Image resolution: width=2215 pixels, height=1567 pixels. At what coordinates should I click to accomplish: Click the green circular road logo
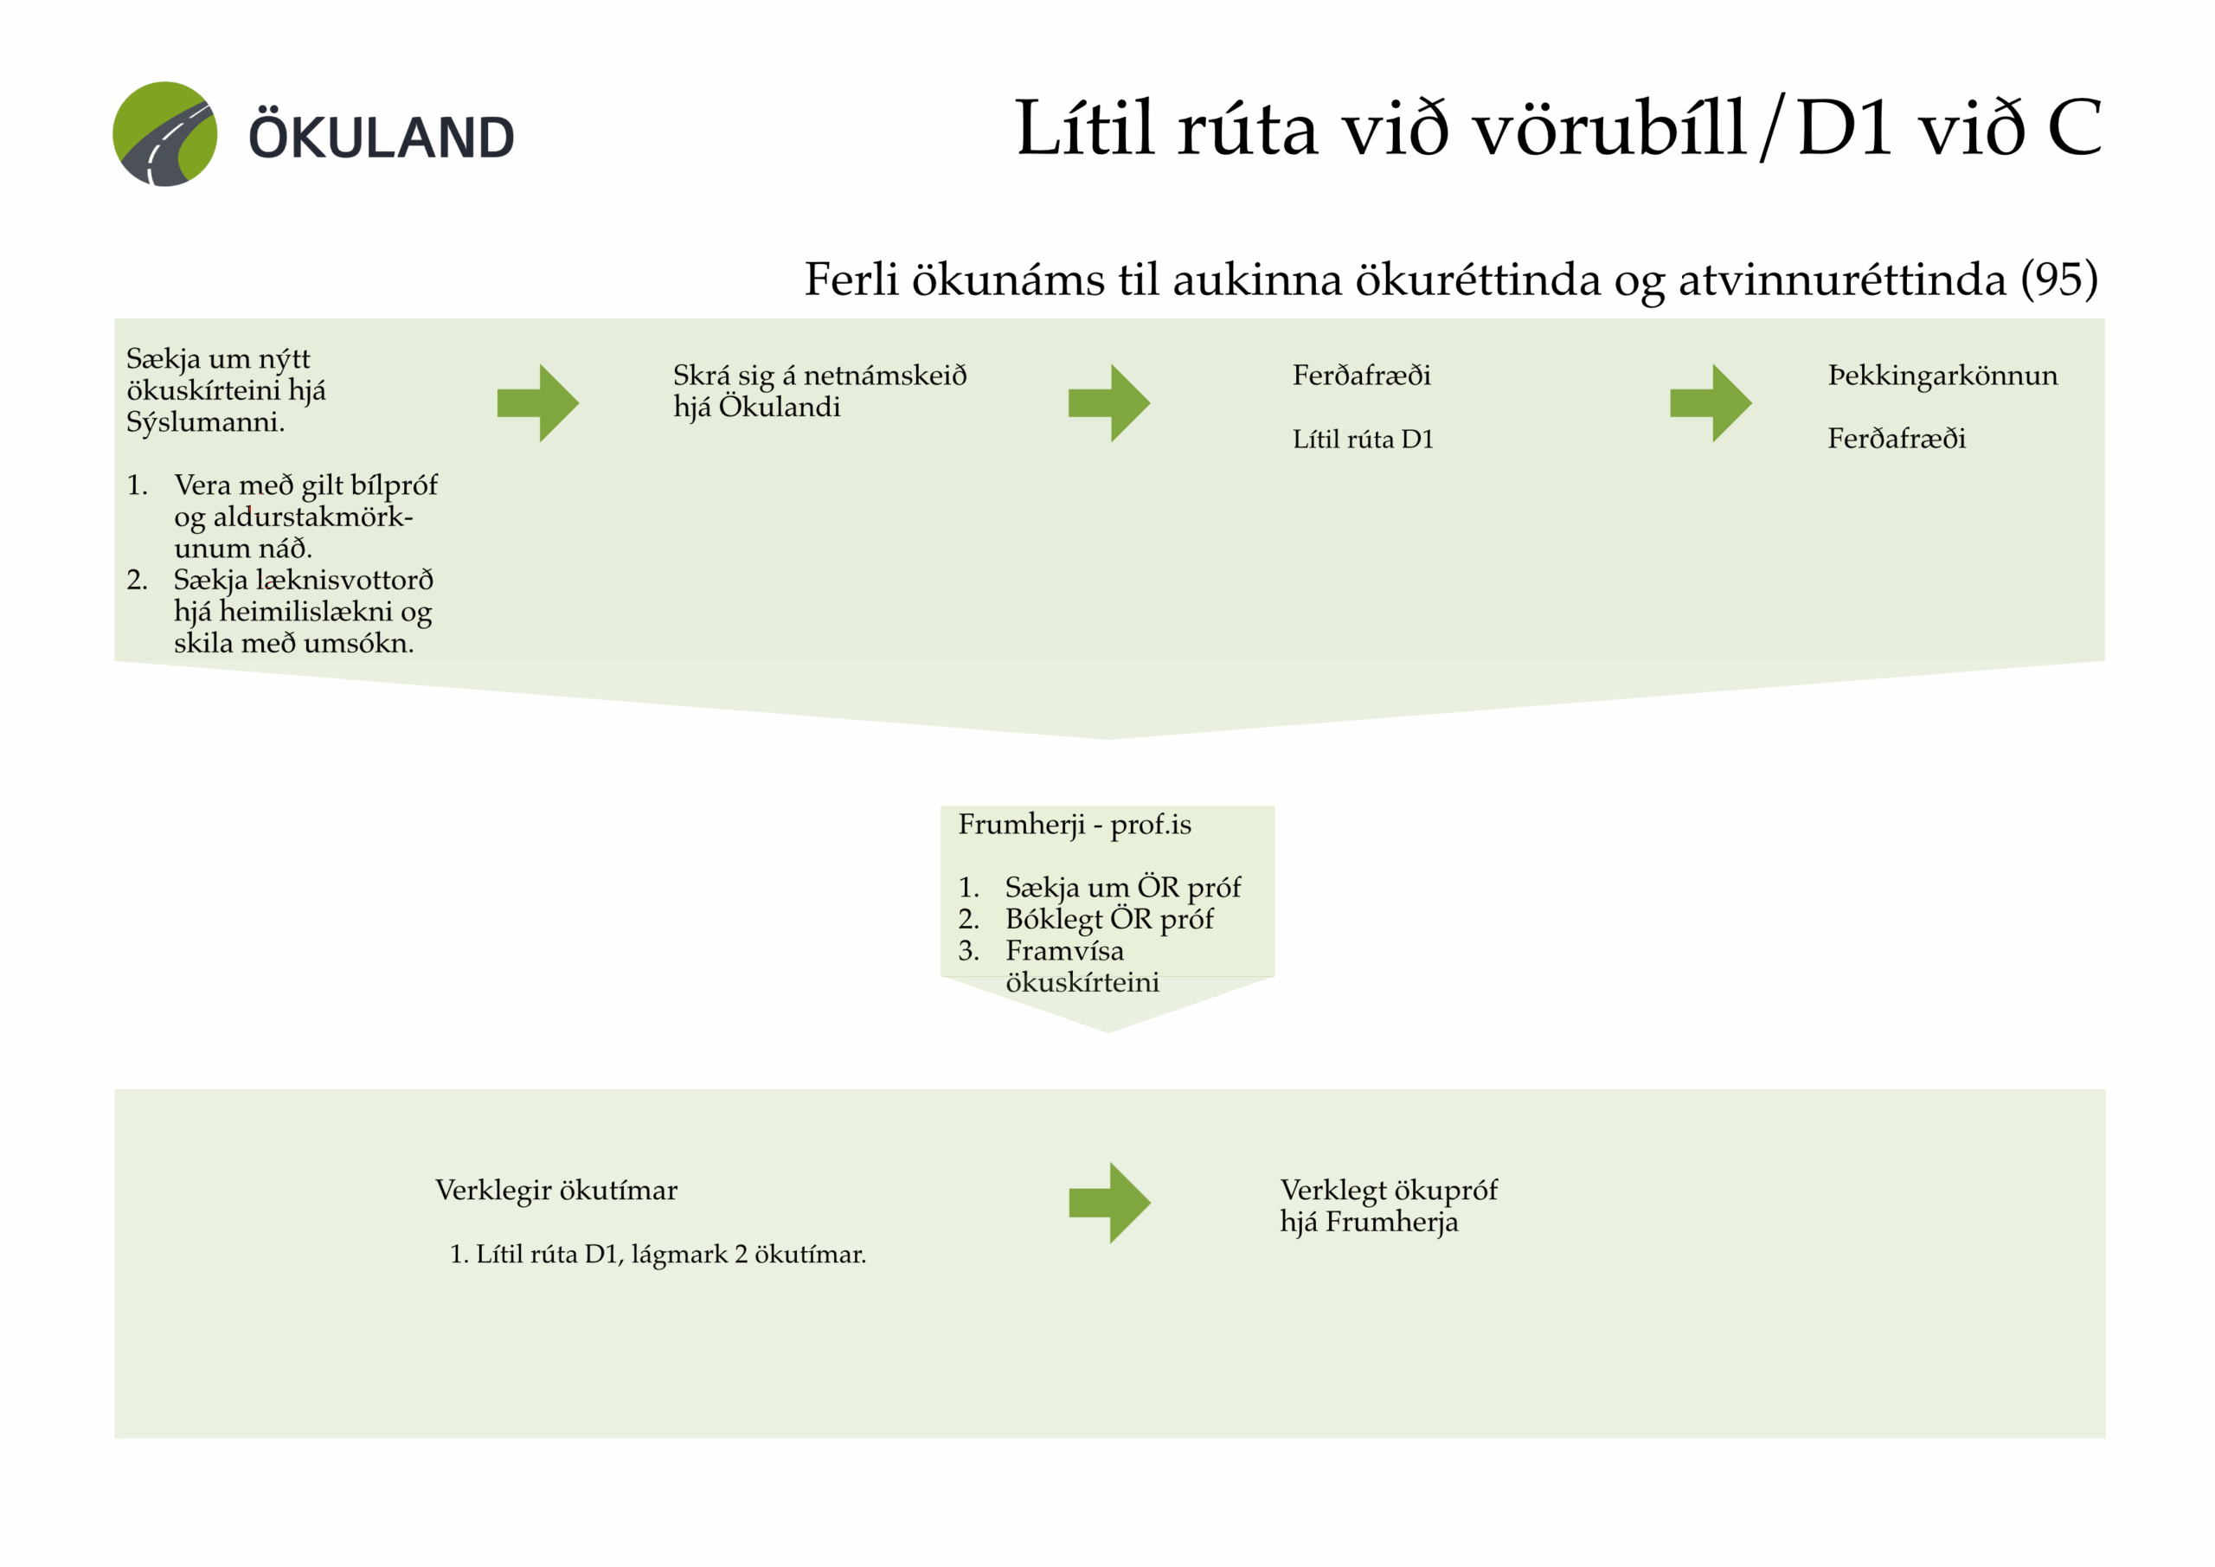(165, 134)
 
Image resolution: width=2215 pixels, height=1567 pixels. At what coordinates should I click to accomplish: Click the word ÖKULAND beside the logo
(381, 138)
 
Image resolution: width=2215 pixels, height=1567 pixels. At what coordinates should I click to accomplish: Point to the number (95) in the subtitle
(2058, 279)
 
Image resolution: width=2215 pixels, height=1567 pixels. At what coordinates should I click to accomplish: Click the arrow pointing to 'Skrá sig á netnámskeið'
(537, 403)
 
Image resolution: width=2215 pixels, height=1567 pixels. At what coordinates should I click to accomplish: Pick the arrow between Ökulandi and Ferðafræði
(1108, 403)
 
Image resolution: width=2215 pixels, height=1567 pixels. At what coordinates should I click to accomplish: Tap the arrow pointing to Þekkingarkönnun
(1710, 403)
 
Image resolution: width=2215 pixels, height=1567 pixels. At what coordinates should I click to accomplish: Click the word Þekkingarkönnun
(1942, 376)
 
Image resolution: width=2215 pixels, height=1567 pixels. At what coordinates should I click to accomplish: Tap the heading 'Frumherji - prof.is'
(1074, 825)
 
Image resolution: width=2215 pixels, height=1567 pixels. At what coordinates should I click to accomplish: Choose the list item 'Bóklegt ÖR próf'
(1108, 919)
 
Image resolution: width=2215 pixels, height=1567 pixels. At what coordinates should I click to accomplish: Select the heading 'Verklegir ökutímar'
(555, 1191)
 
